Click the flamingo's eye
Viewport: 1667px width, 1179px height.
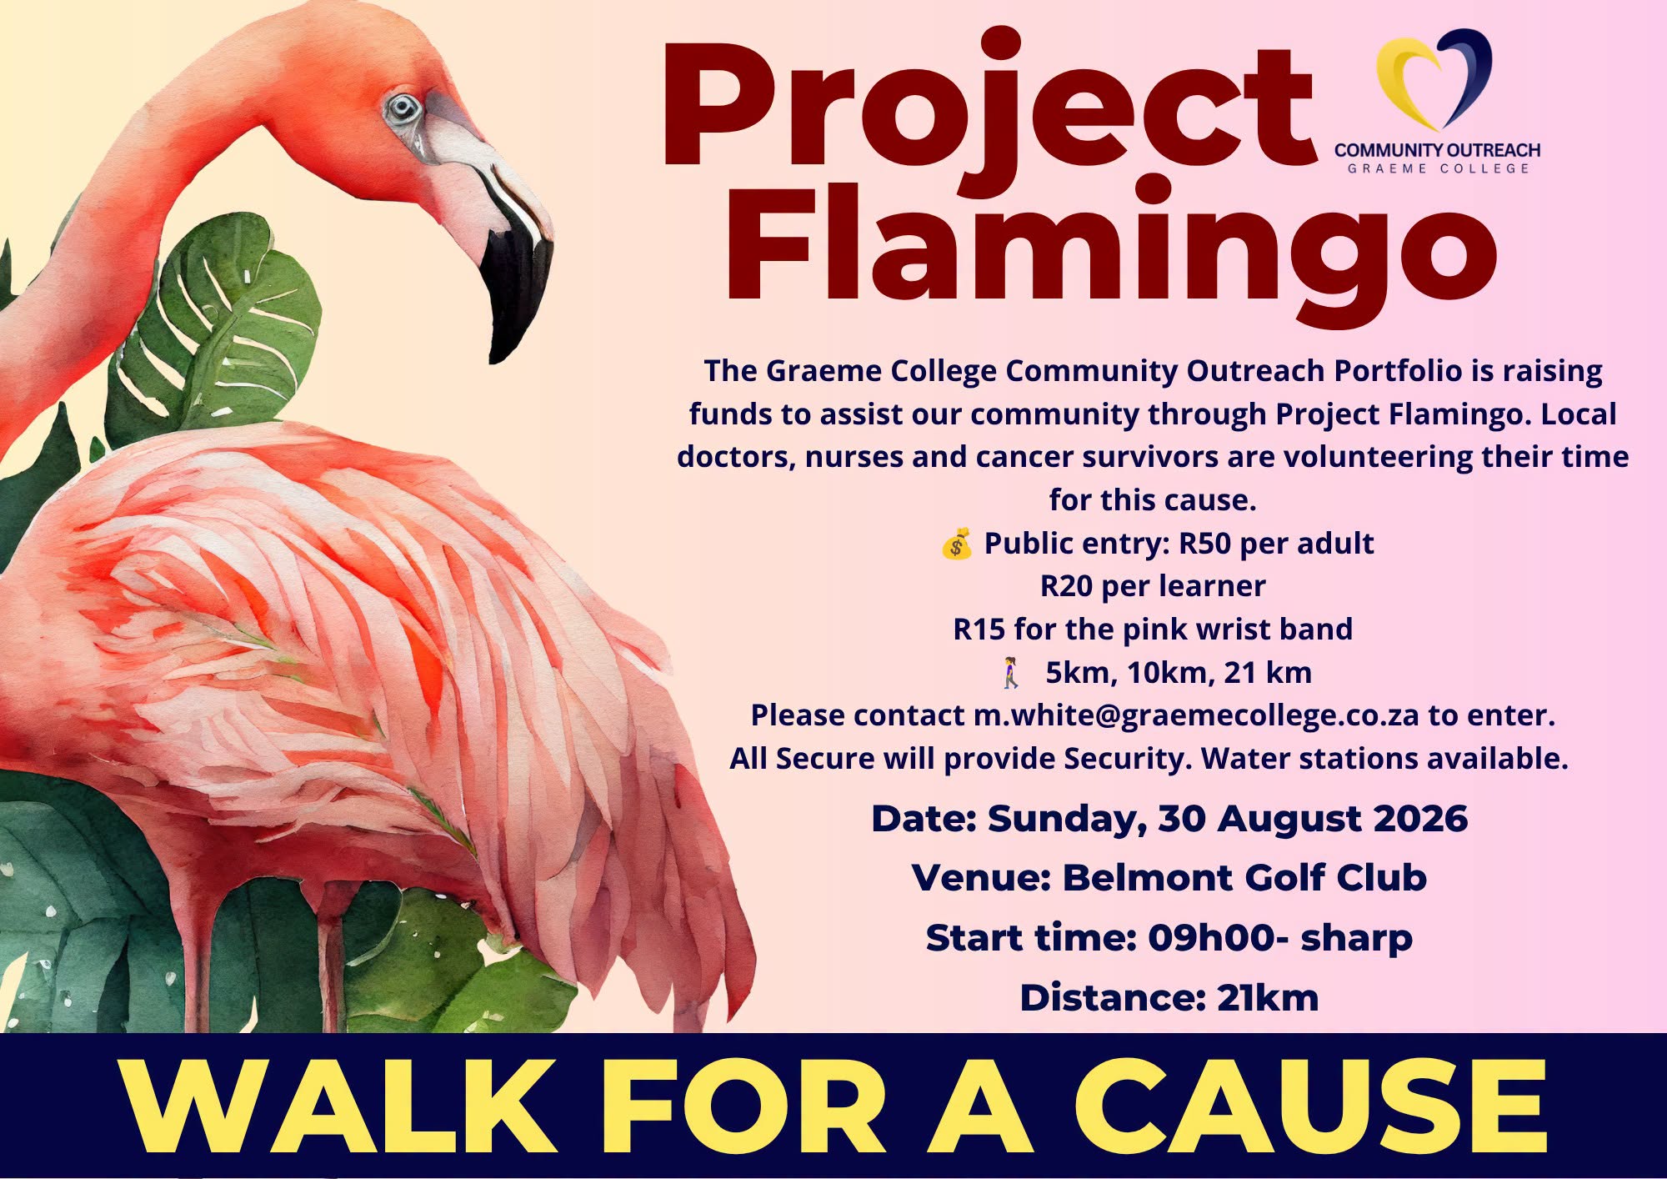(x=404, y=107)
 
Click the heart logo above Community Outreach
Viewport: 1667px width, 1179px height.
(x=1434, y=80)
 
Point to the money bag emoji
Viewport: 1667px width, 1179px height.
(x=957, y=544)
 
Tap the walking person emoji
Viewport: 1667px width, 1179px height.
(x=1010, y=673)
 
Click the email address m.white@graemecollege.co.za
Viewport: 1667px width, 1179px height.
(x=1196, y=715)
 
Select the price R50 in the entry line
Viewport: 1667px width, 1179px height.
(x=1204, y=544)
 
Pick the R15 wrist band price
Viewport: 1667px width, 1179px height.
(x=979, y=630)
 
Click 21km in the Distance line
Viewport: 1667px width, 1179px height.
(x=1267, y=998)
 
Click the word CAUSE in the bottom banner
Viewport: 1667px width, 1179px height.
(x=1309, y=1106)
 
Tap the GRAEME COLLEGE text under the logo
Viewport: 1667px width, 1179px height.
(x=1439, y=168)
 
